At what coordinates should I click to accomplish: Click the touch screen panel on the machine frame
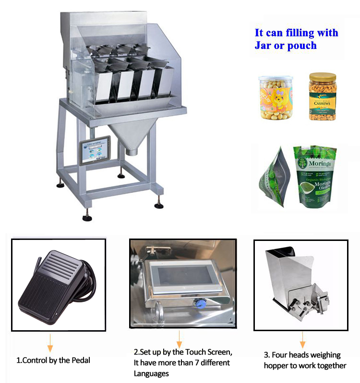coord(95,150)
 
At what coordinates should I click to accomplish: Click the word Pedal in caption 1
coord(80,360)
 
